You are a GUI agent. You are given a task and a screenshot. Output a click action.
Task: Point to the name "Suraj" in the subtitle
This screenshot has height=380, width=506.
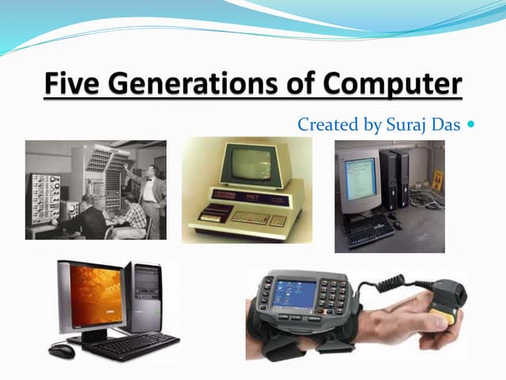pyautogui.click(x=406, y=125)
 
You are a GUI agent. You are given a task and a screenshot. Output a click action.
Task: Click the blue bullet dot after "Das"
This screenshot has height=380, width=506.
pyautogui.click(x=472, y=125)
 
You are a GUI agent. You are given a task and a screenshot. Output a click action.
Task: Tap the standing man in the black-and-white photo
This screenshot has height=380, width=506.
pyautogui.click(x=153, y=190)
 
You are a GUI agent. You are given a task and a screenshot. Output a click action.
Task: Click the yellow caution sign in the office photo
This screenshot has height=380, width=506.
pyautogui.click(x=437, y=180)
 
